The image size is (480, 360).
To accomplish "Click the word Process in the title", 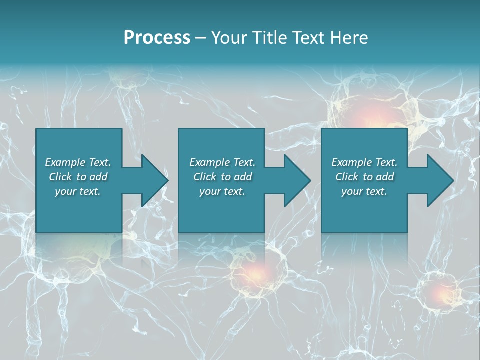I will click(x=157, y=38).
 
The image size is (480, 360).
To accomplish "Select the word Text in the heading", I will click(x=310, y=38).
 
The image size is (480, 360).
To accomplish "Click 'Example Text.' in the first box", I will click(x=78, y=162).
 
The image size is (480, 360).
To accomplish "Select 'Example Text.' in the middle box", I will click(x=222, y=162).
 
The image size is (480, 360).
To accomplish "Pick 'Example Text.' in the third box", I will click(x=364, y=162).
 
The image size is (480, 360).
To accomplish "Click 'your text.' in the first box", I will click(x=78, y=191).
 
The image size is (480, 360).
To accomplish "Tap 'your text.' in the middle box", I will click(x=222, y=191).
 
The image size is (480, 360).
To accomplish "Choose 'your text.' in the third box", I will click(x=364, y=191).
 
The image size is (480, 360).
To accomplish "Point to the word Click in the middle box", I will click(x=205, y=177).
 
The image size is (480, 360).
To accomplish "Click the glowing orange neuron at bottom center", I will click(x=256, y=272).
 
